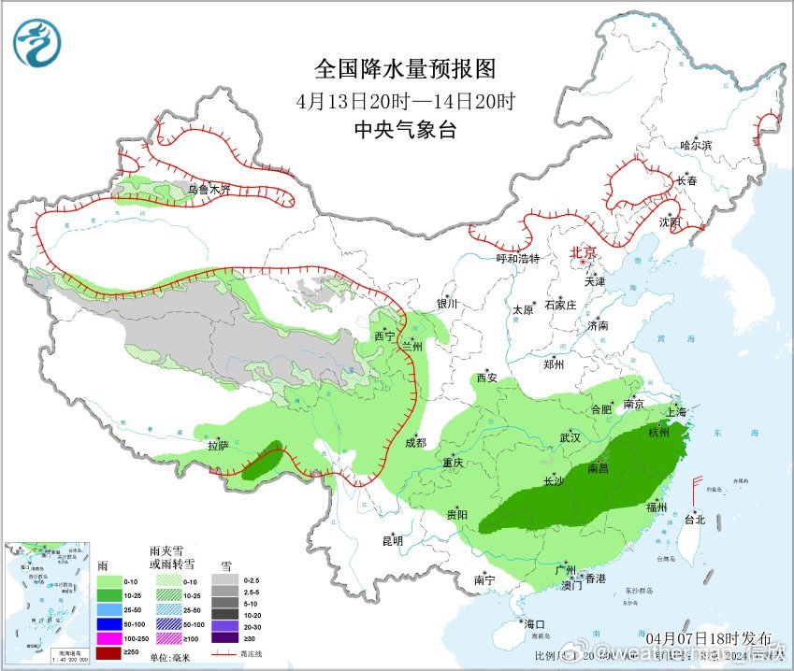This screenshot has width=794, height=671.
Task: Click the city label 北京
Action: click(x=584, y=252)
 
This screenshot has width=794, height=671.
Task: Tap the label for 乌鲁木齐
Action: click(x=208, y=189)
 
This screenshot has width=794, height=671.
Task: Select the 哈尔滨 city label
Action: click(x=696, y=145)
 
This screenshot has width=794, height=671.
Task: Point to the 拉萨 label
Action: click(x=217, y=447)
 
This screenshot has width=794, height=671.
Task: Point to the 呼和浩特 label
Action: click(x=518, y=259)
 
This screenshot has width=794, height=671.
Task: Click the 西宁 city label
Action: click(x=383, y=335)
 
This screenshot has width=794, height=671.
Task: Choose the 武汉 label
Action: click(x=570, y=437)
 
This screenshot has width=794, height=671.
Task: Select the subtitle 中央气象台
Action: click(x=404, y=131)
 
